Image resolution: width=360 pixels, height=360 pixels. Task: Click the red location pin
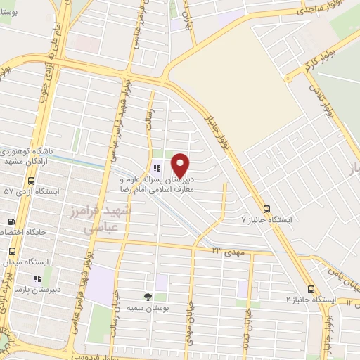181,165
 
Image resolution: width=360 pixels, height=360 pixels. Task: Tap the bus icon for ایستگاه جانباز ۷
266,209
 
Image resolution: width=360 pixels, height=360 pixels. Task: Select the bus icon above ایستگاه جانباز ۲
311,289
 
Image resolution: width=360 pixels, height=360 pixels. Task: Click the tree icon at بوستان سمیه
148,297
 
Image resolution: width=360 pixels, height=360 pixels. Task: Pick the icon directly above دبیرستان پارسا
37,278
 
